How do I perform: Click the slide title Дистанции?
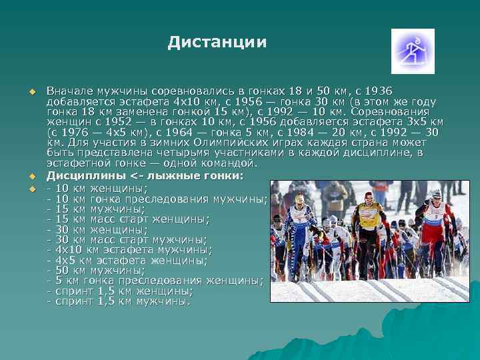[x=217, y=43]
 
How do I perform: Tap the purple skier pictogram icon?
[x=412, y=51]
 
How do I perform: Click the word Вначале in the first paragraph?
[x=69, y=91]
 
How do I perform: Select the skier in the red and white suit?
[x=435, y=223]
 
